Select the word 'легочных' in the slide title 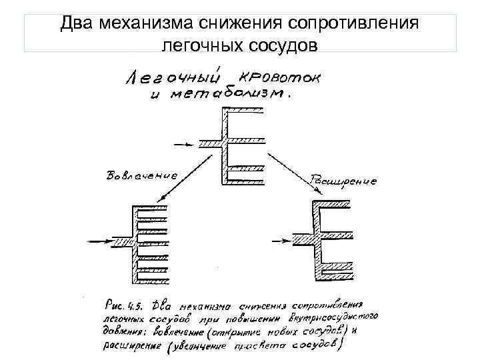tap(191, 45)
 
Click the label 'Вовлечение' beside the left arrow tap(142, 176)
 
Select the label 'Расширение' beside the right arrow tap(344, 180)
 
